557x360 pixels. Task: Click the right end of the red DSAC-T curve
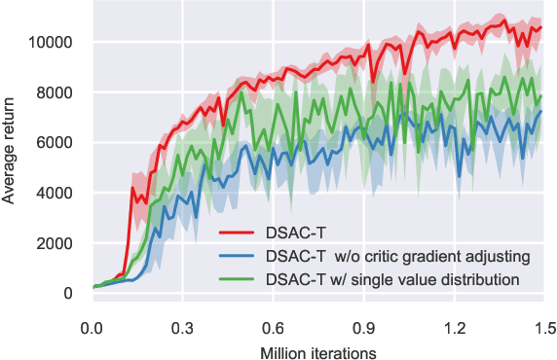tap(540, 28)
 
